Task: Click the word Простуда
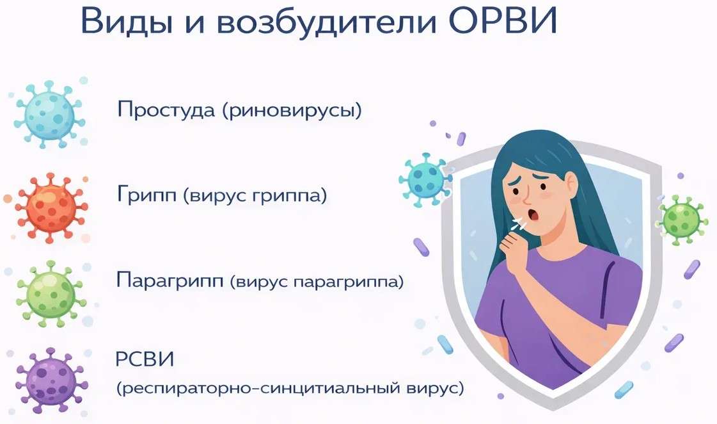coord(165,110)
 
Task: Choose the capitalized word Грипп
coord(146,195)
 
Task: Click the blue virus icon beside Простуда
coord(49,115)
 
